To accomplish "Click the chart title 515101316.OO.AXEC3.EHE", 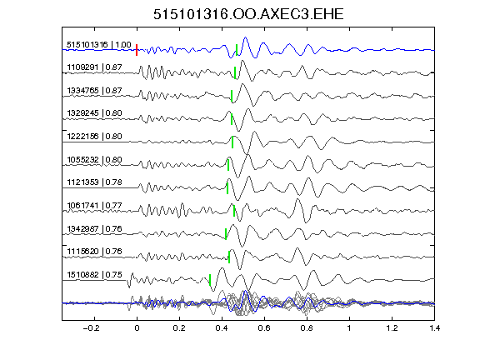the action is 248,14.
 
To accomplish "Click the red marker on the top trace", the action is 137,50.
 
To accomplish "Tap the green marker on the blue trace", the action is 237,50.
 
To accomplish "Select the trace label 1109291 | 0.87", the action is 94,67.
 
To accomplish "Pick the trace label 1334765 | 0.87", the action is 94,91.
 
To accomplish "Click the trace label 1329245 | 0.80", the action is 94,113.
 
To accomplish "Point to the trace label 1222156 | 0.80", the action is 94,137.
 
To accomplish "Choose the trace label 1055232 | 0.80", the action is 94,160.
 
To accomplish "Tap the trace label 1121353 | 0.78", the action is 94,182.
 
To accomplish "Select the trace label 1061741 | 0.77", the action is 94,205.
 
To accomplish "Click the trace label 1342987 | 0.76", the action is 94,229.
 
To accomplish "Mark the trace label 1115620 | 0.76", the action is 94,252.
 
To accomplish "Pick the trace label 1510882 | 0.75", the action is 94,275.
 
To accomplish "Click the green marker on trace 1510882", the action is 210,280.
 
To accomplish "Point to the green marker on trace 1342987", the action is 226,234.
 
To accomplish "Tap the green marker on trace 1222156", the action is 232,142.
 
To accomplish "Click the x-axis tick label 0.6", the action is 264,328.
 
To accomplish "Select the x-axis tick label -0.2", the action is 91,328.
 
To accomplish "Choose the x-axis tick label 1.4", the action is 434,328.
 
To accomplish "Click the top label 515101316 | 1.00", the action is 99,45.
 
